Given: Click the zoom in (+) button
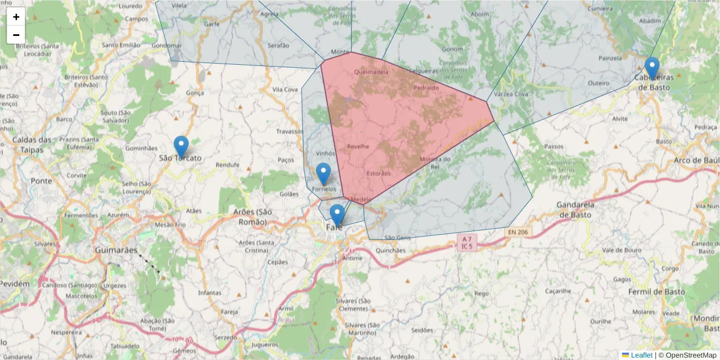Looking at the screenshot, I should pos(16,17).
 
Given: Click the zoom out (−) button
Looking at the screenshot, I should pos(16,35).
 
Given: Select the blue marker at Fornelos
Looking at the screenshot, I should pos(323,173).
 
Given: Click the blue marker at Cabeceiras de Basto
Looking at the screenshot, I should pos(652,68).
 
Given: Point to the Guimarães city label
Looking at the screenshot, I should pos(116,250).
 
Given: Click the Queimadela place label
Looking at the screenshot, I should pos(371,72).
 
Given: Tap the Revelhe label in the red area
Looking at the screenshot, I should pos(358,146).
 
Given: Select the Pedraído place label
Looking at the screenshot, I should pos(427,88).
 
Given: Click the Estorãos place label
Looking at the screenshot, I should pos(379,174).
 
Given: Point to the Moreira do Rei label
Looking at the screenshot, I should pos(435,163).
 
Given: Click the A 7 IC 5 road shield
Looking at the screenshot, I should pos(466,242).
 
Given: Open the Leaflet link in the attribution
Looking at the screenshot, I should pos(641,355).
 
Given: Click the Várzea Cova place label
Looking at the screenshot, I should pos(511,94).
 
